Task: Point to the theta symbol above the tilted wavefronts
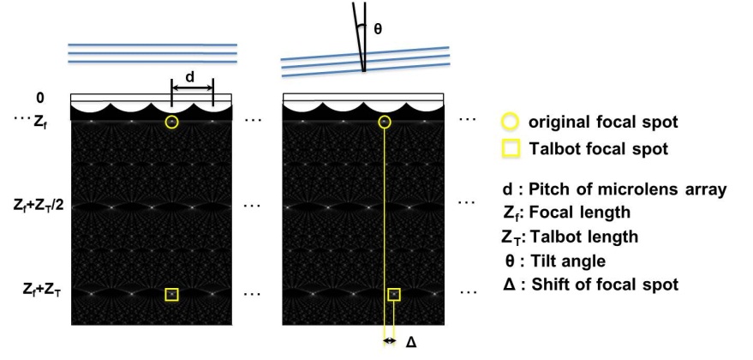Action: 378,29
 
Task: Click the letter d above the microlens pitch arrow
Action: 190,77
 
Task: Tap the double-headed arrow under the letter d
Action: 192,87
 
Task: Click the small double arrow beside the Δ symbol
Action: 389,341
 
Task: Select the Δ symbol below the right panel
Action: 411,342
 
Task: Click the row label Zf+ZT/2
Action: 39,207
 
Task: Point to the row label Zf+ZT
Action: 42,290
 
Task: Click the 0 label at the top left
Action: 40,98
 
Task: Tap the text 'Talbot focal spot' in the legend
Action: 598,148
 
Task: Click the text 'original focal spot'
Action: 603,122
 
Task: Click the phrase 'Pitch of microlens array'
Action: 627,189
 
